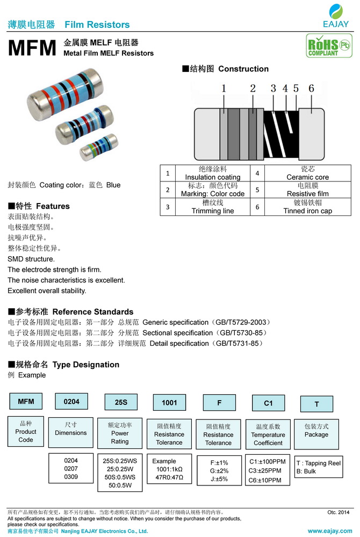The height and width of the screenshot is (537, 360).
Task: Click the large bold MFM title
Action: point(32,49)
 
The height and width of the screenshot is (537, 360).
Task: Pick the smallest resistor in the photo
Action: point(99,146)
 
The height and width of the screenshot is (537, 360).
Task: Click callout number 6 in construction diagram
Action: point(311,89)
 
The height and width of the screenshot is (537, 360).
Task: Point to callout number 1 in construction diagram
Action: point(224,89)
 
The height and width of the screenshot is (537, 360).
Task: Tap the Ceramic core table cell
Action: point(307,173)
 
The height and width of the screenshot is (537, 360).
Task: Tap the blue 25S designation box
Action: point(120,402)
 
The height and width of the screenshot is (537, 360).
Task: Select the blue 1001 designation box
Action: point(169,402)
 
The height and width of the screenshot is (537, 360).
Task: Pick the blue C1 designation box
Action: point(268,403)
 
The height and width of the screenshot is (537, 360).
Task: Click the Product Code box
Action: point(25,431)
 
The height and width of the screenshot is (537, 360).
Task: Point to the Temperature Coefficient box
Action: point(268,434)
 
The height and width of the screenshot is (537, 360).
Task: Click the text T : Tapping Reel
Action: point(319,463)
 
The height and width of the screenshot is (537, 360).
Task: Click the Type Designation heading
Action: point(85,365)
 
